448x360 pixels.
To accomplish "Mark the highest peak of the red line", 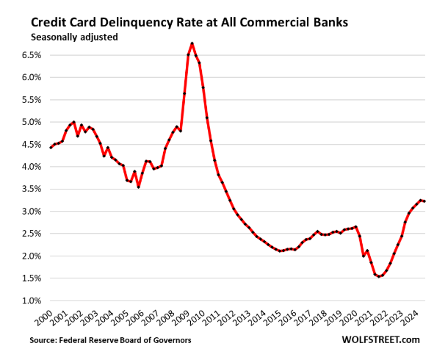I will point(192,43).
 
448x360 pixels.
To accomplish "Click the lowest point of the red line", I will point(380,276).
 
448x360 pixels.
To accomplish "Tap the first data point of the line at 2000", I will point(51,148).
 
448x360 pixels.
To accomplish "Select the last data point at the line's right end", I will point(425,201).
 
